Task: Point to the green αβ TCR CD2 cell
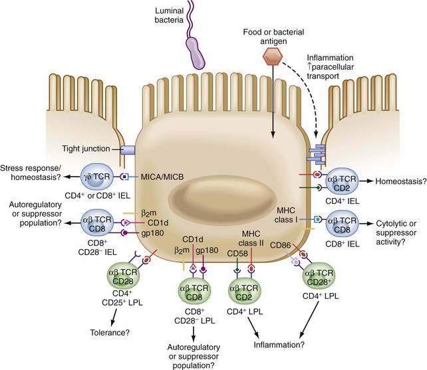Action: [x=243, y=290]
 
